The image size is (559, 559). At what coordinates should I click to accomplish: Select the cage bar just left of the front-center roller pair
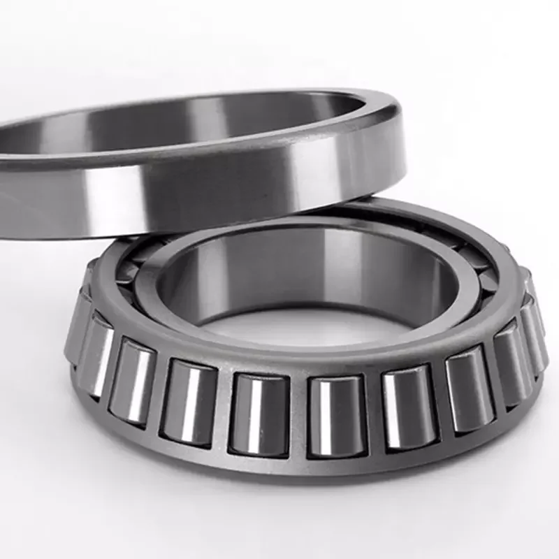(x=222, y=412)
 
